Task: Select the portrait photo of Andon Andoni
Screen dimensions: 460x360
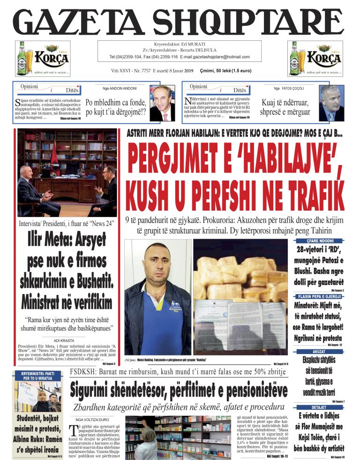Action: (x=162, y=103)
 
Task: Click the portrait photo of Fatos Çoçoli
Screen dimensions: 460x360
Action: (x=331, y=103)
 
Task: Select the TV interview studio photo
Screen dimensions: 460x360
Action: (x=67, y=172)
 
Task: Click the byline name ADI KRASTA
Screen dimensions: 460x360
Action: (x=63, y=340)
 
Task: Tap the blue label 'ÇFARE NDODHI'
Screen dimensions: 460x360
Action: (x=319, y=241)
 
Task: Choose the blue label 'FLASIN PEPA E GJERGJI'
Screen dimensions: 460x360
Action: (x=319, y=296)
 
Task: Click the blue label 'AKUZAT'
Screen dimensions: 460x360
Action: (x=319, y=351)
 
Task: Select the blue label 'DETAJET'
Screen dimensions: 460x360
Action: (x=319, y=407)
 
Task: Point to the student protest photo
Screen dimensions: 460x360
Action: (x=37, y=397)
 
